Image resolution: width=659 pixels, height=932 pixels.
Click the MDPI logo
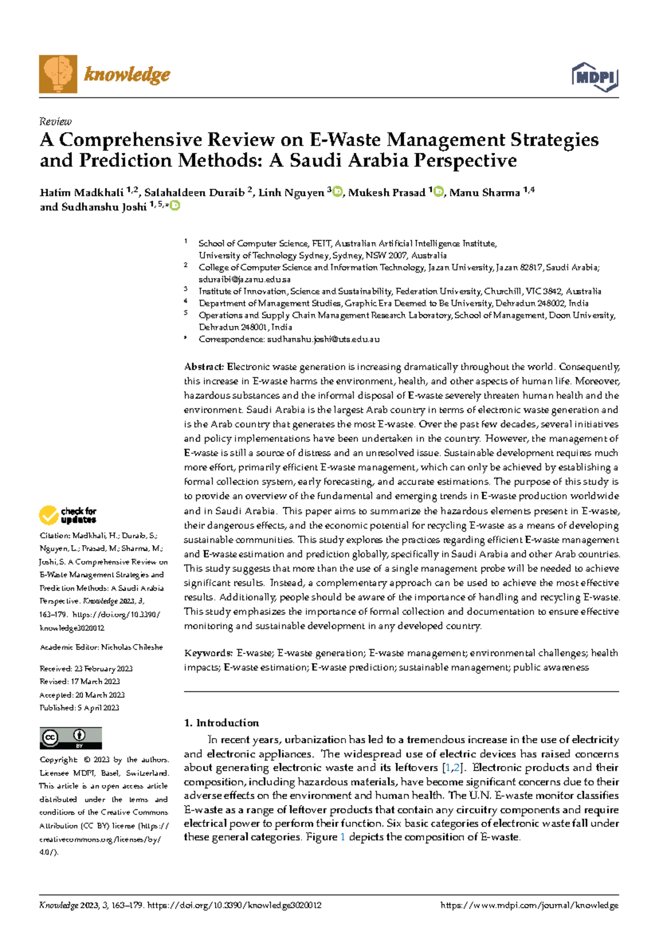click(x=595, y=77)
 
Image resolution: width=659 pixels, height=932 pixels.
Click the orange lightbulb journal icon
click(x=58, y=74)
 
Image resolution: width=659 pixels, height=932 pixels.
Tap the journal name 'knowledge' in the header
click(x=127, y=74)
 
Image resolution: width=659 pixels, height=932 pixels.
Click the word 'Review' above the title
click(x=55, y=121)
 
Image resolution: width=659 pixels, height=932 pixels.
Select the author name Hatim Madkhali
click(x=81, y=192)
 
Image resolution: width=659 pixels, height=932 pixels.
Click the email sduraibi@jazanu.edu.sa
click(x=244, y=280)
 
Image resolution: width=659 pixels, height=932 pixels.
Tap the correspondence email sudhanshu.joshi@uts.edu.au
click(x=323, y=339)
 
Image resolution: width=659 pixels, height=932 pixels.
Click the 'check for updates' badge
click(x=68, y=515)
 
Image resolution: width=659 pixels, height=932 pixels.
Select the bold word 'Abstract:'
click(x=204, y=367)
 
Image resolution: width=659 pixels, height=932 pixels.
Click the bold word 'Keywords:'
click(x=208, y=653)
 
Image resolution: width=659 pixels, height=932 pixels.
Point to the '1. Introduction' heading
click(x=221, y=723)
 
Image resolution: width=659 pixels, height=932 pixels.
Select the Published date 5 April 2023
click(x=98, y=708)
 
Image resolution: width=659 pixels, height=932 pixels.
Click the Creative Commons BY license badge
click(x=71, y=738)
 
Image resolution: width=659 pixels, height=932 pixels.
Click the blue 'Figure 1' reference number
click(x=343, y=837)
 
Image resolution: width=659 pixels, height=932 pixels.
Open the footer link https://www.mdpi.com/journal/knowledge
click(x=529, y=905)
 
